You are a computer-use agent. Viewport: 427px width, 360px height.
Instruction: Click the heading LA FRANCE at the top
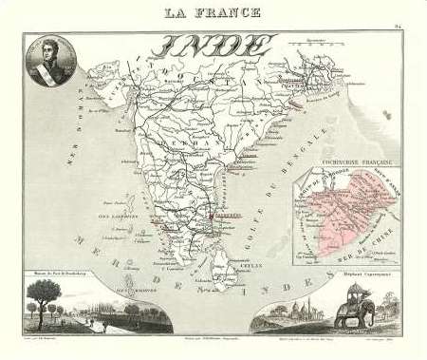(x=213, y=11)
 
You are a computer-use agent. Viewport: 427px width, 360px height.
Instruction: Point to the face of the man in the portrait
(x=45, y=49)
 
